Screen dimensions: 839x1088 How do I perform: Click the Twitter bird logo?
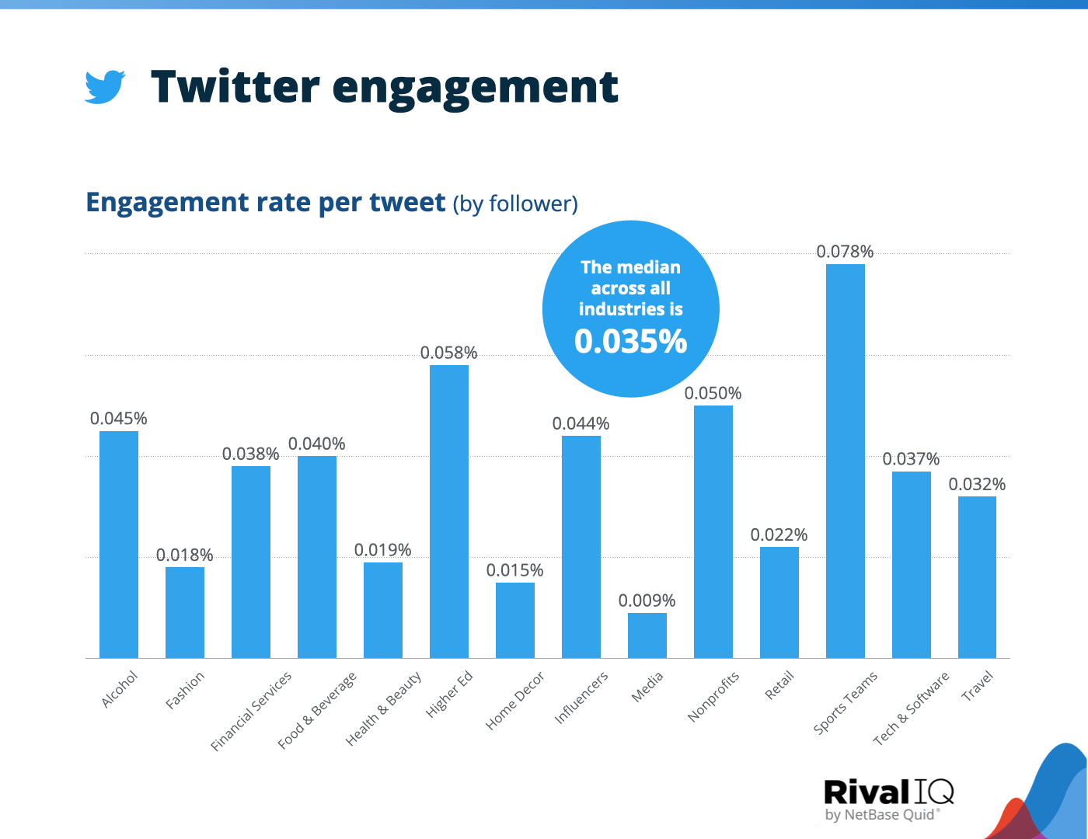click(x=105, y=87)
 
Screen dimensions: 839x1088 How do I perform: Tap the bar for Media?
click(x=647, y=635)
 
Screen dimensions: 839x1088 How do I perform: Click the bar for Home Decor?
click(x=514, y=620)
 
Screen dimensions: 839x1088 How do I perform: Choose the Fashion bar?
click(x=184, y=612)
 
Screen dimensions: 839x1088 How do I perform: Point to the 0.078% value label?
click(x=845, y=252)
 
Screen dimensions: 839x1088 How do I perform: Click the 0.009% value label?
click(x=647, y=601)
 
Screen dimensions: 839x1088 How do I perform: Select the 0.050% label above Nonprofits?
click(x=713, y=393)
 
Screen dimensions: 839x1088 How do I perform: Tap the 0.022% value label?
click(x=779, y=534)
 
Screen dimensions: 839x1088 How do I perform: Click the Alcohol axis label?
click(x=120, y=689)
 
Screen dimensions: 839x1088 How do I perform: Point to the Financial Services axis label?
click(x=251, y=711)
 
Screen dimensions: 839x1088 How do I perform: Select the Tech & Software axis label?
click(x=911, y=708)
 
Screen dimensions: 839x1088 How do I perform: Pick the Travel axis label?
click(x=978, y=687)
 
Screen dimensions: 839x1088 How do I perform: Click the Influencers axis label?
click(x=581, y=698)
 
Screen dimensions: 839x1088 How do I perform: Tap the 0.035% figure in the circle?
click(x=630, y=342)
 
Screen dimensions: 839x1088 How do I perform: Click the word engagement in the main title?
click(x=475, y=88)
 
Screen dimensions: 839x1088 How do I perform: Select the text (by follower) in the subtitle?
click(x=515, y=204)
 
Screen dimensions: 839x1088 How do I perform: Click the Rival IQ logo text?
click(x=887, y=792)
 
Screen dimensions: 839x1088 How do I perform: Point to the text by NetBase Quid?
click(x=881, y=815)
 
